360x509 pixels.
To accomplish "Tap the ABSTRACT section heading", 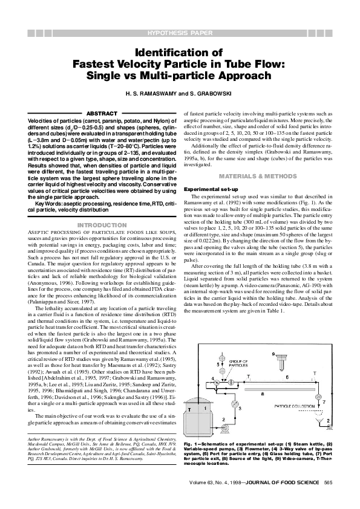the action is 97,113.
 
